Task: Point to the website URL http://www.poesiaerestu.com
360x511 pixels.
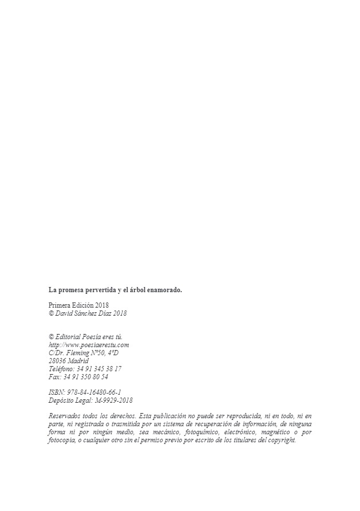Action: pyautogui.click(x=89, y=345)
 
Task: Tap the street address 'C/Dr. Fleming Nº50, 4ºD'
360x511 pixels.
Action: pyautogui.click(x=84, y=353)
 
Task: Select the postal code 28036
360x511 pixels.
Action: pyautogui.click(x=57, y=361)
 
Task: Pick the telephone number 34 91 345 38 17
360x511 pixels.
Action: pyautogui.click(x=99, y=369)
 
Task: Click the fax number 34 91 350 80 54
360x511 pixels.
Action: pyautogui.click(x=86, y=377)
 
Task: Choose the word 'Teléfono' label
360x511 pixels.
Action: pyautogui.click(x=61, y=369)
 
